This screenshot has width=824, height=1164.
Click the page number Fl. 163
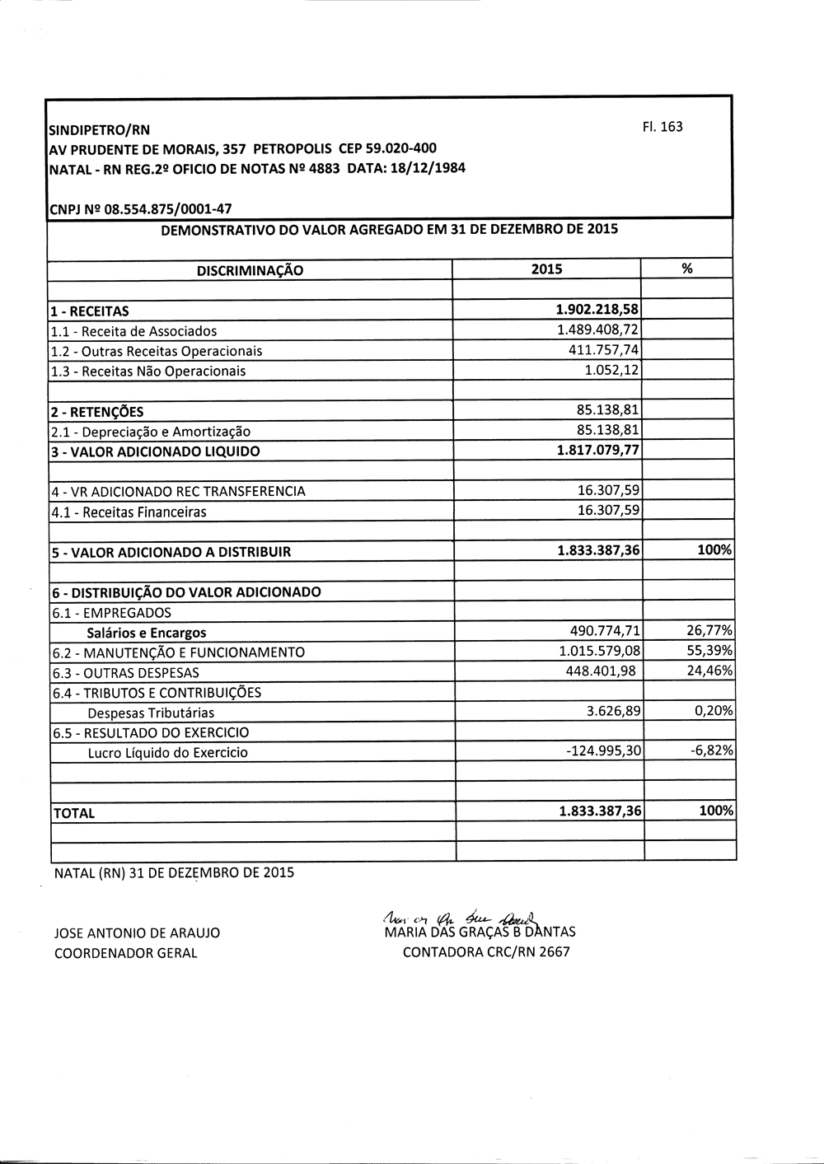[x=662, y=127]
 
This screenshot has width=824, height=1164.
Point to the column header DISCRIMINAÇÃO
[x=250, y=270]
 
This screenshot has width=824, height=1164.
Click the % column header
[x=687, y=269]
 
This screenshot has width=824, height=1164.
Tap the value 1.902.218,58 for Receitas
[x=597, y=310]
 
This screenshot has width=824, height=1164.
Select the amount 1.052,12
[x=611, y=370]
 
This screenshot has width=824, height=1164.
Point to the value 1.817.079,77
[x=598, y=450]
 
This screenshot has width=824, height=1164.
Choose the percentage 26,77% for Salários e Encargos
[x=709, y=631]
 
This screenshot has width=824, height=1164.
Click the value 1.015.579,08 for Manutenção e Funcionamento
[x=599, y=651]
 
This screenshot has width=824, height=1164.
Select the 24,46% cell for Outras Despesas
[x=709, y=671]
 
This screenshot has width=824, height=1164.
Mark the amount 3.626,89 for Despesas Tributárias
[x=613, y=711]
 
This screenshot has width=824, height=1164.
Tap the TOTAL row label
[x=74, y=813]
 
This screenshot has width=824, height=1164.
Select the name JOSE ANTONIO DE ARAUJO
[x=137, y=933]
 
